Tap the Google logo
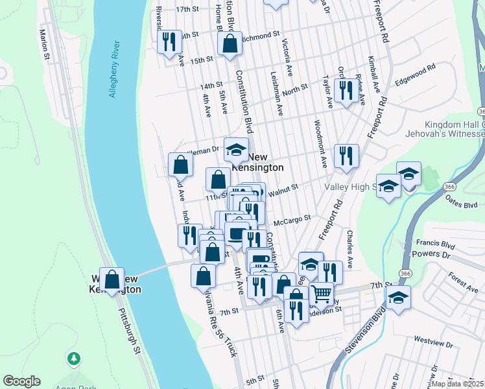21,381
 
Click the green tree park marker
74,359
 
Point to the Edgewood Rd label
416,73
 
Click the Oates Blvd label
462,204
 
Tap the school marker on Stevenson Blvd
398,299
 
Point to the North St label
295,89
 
